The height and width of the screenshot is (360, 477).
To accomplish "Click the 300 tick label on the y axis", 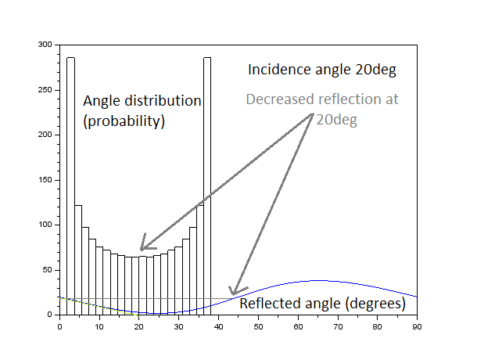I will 47,45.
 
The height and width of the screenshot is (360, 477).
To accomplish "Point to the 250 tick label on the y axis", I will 47,90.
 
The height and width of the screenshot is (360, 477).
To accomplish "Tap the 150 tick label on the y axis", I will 47,180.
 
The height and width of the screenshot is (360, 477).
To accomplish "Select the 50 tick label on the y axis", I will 49,270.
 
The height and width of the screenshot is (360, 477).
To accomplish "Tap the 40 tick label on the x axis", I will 218,326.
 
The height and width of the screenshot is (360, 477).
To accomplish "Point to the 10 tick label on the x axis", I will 99,326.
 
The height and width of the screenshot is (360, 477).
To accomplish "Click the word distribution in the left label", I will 164,102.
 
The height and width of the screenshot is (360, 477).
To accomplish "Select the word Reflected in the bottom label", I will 267,304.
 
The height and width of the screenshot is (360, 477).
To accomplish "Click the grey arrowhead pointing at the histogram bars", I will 144,245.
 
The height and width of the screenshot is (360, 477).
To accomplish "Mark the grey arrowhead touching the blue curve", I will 233,291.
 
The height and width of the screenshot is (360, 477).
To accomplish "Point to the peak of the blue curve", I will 317,280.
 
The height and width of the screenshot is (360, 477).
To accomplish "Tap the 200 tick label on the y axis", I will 47,135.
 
